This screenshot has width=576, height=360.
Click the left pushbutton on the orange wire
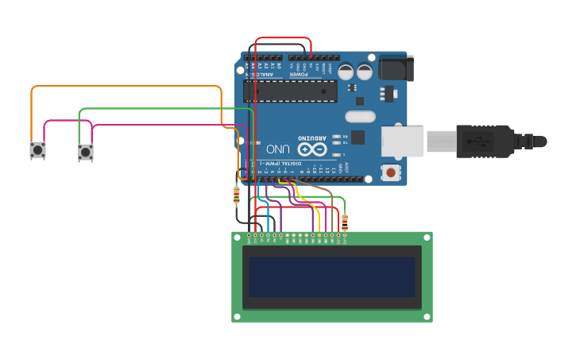[x=37, y=149]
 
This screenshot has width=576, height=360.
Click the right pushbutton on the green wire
[x=85, y=152]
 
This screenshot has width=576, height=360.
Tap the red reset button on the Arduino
[x=390, y=172]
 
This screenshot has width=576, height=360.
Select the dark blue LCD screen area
[x=332, y=275]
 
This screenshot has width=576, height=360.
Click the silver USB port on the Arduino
[x=402, y=141]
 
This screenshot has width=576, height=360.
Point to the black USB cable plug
[x=485, y=141]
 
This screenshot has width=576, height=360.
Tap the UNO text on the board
[x=277, y=149]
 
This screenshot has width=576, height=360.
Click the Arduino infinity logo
[x=312, y=149]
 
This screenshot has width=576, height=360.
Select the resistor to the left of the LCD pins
[x=236, y=194]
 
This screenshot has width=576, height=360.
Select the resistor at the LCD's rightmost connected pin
[x=344, y=222]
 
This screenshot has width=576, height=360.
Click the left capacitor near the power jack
[x=346, y=72]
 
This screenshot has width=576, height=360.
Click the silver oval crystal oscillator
[x=360, y=117]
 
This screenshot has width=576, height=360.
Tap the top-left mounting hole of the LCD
[x=237, y=237]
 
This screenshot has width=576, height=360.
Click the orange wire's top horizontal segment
[x=127, y=86]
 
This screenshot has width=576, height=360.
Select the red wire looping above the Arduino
[x=283, y=38]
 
